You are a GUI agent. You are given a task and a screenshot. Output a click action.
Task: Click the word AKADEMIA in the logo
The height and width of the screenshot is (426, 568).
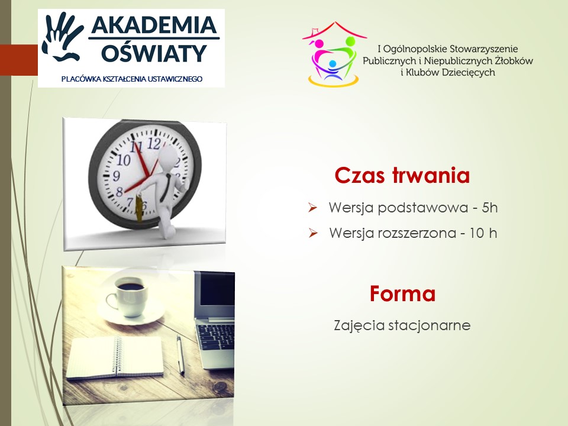[154, 25]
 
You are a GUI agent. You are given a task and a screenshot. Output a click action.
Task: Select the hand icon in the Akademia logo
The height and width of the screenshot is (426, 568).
[62, 36]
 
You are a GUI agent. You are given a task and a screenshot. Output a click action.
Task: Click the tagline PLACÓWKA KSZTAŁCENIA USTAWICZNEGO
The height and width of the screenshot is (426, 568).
[132, 79]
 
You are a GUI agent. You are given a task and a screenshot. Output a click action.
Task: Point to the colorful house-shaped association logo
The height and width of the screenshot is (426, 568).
[334, 54]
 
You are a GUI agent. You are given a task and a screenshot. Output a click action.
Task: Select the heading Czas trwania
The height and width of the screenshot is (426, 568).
[402, 175]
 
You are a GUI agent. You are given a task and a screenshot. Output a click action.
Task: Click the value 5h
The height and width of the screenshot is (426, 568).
[490, 208]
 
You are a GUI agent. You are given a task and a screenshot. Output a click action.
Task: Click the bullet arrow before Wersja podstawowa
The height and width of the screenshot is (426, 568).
[312, 208]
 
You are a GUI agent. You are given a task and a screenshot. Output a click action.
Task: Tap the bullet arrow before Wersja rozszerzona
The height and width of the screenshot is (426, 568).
[312, 233]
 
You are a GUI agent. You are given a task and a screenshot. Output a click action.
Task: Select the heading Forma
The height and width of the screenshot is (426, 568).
[402, 293]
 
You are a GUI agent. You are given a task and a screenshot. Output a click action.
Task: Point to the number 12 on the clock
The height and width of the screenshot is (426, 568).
[154, 144]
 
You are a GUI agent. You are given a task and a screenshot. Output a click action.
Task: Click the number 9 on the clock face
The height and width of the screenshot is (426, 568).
[116, 176]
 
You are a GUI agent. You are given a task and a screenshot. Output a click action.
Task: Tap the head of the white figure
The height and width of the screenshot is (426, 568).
[169, 156]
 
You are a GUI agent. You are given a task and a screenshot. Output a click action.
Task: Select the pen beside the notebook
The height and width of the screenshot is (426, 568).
[180, 354]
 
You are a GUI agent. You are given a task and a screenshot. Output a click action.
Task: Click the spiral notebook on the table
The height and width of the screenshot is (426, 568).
[115, 357]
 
